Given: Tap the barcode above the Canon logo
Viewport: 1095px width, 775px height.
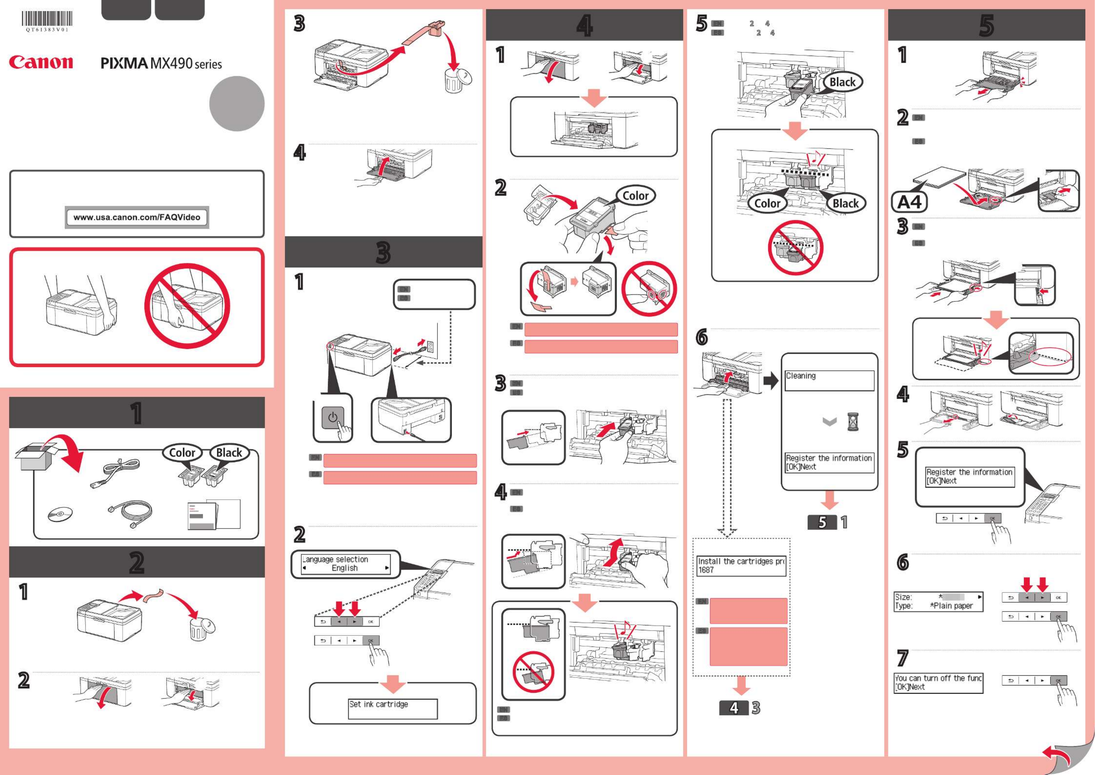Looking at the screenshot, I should click(x=47, y=19).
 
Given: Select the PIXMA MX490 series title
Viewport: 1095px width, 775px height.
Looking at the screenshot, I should click(x=161, y=63).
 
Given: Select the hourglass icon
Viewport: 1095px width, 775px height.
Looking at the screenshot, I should click(x=853, y=422).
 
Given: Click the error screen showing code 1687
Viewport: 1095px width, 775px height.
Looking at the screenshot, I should click(x=741, y=565).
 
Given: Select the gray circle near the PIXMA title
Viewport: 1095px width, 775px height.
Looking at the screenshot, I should click(x=237, y=103).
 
